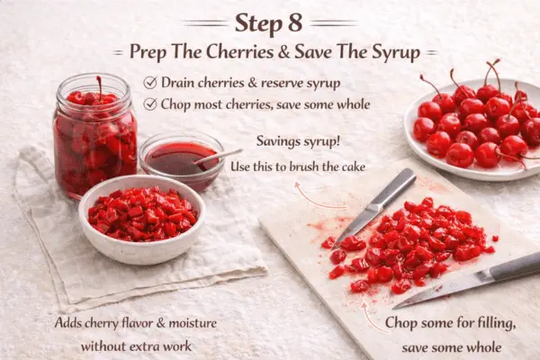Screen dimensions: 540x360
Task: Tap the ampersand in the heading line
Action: point(283,51)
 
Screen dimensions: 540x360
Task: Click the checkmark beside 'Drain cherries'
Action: point(150,83)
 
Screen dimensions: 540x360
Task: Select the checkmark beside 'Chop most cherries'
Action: point(150,103)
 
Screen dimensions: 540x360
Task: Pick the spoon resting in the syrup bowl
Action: point(218,157)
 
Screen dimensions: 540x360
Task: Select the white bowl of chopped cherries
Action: point(142,219)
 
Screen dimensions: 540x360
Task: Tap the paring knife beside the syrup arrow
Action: point(374,207)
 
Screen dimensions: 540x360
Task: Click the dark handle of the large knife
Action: point(515,266)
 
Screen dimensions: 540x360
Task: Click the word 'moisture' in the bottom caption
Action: point(193,323)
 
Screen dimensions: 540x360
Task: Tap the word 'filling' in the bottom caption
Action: point(496,323)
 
